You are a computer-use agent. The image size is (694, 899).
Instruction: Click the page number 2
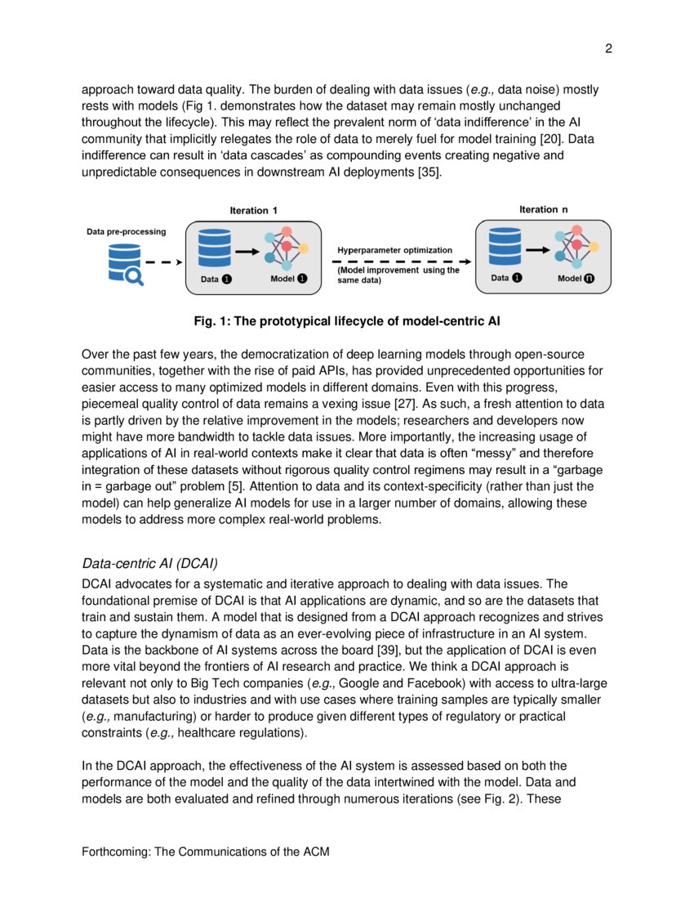pos(608,49)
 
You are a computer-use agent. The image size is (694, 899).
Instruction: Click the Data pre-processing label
pos(127,231)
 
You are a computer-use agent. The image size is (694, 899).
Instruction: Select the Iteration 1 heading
pos(253,211)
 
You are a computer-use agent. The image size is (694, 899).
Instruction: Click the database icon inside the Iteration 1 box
pos(215,248)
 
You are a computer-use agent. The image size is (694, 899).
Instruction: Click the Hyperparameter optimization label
pos(394,250)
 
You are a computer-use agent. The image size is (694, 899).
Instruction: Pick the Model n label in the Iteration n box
pos(576,278)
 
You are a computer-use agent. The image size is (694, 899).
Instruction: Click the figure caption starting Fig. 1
pos(347,321)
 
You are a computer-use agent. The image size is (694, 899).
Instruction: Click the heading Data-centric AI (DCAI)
pos(150,564)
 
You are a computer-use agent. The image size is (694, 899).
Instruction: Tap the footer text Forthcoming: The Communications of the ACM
pos(206,852)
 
